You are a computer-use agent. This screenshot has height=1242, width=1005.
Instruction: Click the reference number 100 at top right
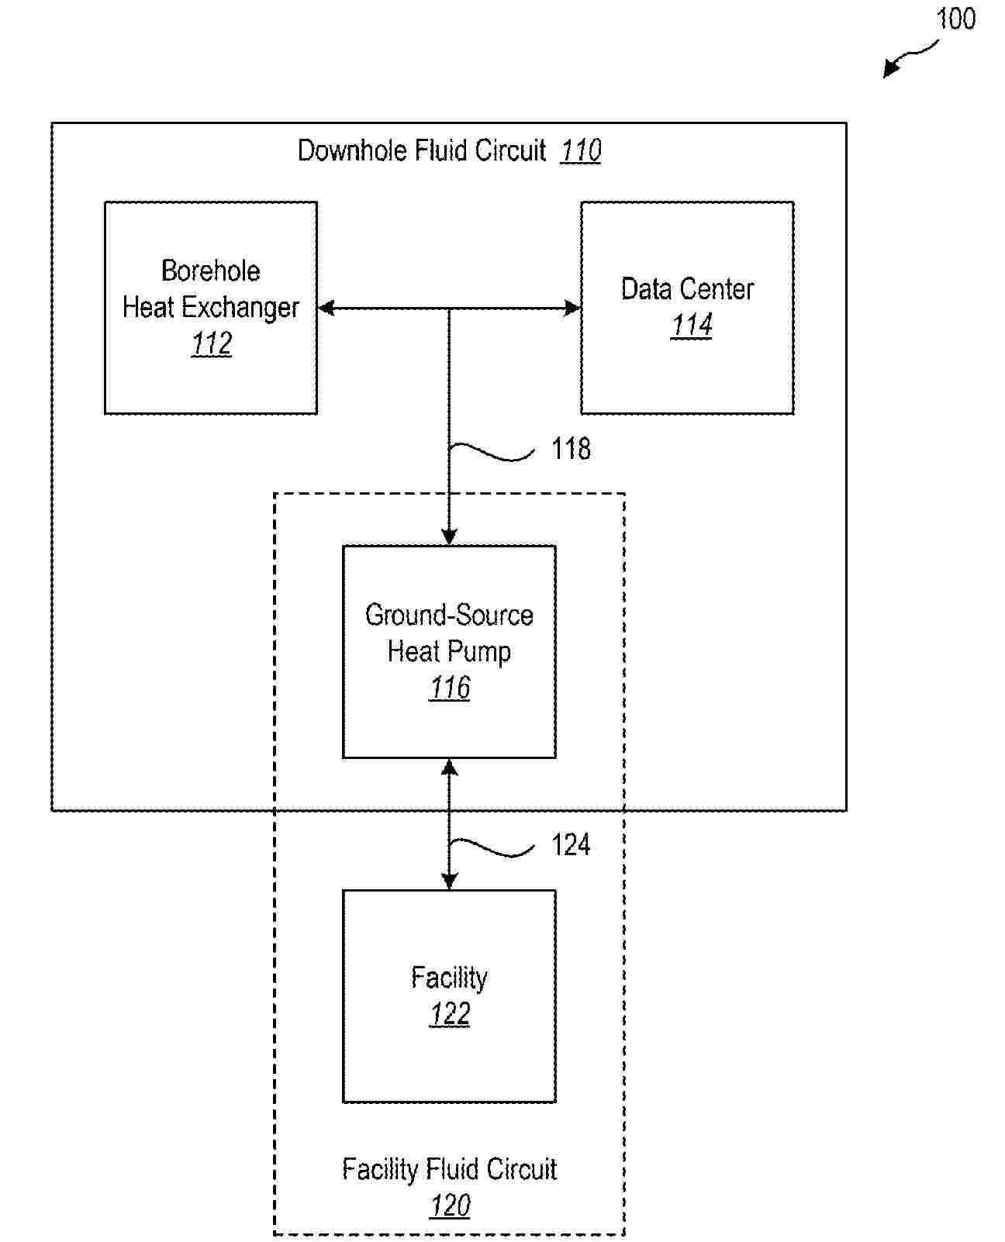(x=955, y=19)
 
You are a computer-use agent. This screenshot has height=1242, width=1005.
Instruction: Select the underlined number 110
(x=580, y=150)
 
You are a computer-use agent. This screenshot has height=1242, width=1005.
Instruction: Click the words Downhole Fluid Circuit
(x=422, y=150)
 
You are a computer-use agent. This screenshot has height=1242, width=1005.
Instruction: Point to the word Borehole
(x=210, y=271)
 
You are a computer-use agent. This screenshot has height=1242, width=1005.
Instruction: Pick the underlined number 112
(x=212, y=343)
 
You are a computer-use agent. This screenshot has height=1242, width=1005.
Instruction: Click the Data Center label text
(x=687, y=289)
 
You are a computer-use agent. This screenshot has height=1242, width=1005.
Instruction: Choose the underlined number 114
(x=691, y=326)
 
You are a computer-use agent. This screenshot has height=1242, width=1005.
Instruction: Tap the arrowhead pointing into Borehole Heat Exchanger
(x=326, y=309)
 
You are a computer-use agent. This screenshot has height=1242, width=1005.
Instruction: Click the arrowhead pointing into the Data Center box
(x=572, y=309)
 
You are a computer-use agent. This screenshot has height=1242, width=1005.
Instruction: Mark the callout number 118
(x=571, y=449)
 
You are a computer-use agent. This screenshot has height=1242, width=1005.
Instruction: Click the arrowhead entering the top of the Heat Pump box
(x=449, y=536)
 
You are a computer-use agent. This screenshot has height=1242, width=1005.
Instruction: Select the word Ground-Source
(x=449, y=616)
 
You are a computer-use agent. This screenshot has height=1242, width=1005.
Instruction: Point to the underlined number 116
(x=450, y=688)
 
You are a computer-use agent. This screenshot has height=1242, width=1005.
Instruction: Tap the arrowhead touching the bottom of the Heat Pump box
(x=449, y=768)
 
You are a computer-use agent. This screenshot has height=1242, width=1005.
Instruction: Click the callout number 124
(x=571, y=845)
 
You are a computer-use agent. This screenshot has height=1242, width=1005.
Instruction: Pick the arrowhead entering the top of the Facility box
(x=449, y=881)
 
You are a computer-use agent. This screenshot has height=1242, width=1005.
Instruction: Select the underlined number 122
(x=450, y=1014)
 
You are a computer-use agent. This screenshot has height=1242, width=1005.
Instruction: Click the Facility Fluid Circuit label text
(x=449, y=1169)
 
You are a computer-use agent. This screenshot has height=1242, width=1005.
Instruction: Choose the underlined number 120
(x=450, y=1206)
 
